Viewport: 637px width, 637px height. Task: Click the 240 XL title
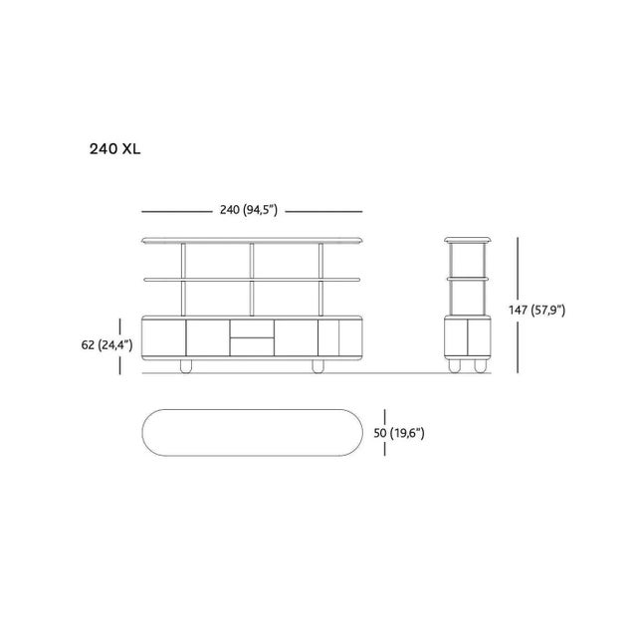(115, 149)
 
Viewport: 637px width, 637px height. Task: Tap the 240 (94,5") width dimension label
(249, 210)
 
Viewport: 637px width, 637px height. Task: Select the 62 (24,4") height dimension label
(106, 345)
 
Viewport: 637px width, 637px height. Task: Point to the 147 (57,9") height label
(537, 310)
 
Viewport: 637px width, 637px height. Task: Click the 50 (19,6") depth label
(399, 433)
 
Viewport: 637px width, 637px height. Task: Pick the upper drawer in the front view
(252, 328)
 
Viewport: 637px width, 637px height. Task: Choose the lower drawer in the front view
(252, 347)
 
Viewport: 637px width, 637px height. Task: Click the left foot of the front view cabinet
(186, 366)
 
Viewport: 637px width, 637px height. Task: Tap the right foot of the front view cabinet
(318, 366)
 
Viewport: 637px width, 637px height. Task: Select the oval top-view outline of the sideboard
(252, 409)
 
